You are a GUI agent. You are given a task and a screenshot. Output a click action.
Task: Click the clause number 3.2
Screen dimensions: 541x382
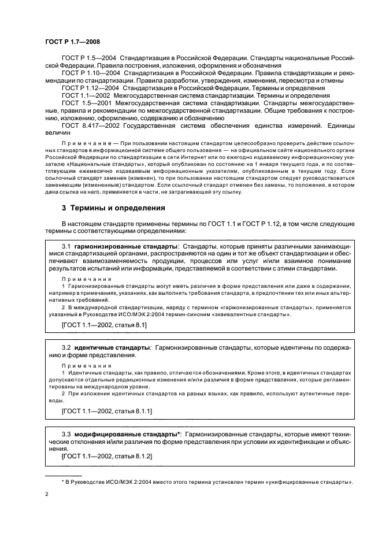pos(66,347)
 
